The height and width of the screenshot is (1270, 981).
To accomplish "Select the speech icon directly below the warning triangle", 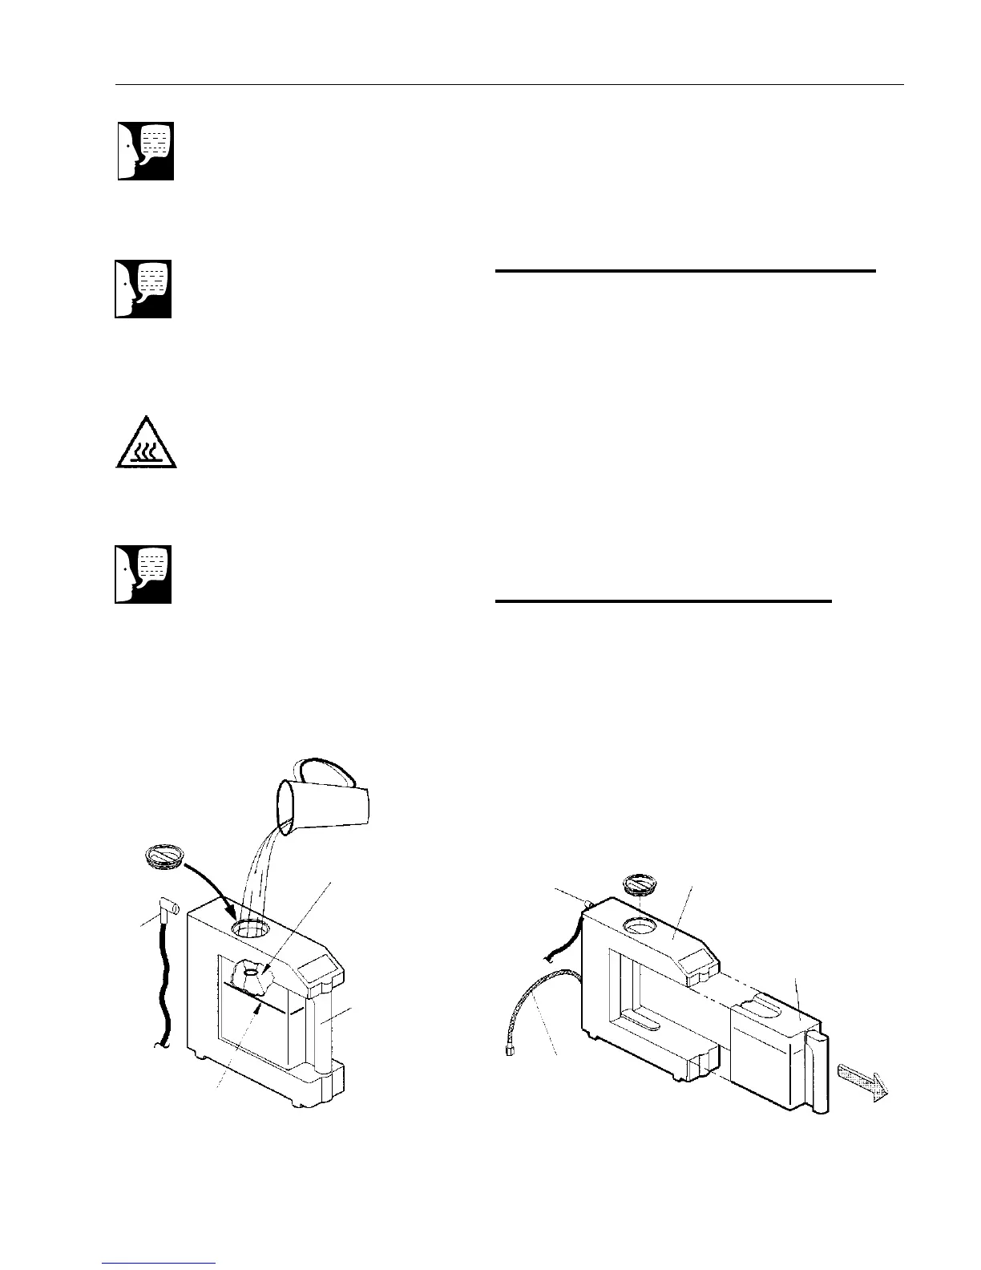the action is click(144, 574).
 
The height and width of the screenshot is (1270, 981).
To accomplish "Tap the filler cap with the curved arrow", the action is click(167, 857).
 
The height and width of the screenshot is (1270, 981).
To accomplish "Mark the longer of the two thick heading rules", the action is click(685, 272).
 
